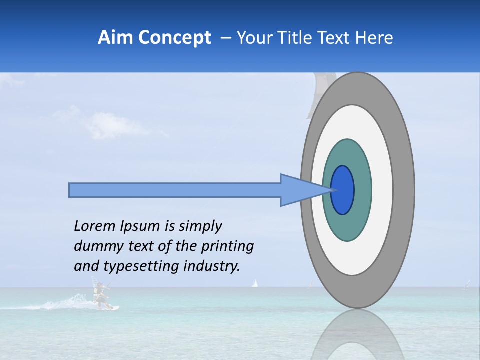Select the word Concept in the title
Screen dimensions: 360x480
(175, 38)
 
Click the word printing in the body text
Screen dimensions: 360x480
(227, 247)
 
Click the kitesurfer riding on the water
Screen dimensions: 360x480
(101, 296)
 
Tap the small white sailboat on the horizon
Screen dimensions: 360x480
(254, 284)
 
